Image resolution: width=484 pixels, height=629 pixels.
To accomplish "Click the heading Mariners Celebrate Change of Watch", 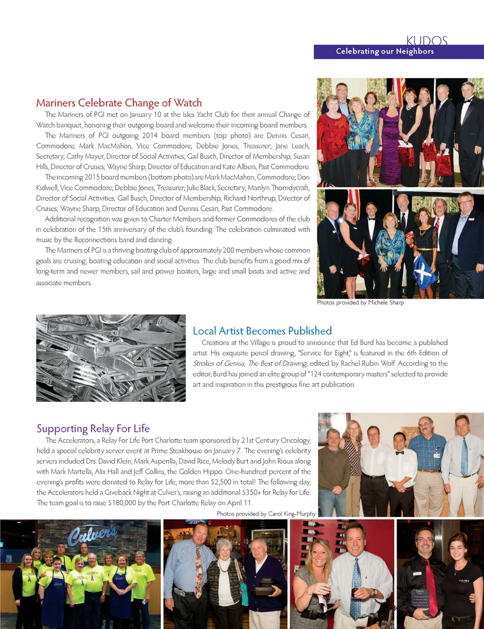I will pos(119,103).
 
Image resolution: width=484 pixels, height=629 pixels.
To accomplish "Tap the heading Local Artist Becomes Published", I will pos(262,331).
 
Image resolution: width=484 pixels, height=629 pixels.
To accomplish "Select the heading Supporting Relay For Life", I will pos(93,428).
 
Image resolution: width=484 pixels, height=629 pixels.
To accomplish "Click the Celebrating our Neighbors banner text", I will pos(385,51).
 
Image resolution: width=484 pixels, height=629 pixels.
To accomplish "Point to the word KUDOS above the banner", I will pos(426,40).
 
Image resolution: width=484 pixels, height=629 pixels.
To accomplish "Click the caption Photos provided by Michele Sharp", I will pos(360,302).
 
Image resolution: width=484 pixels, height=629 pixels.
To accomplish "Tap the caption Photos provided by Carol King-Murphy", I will pos(266,514).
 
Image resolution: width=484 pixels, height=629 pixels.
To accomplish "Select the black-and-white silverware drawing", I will pos(111,358).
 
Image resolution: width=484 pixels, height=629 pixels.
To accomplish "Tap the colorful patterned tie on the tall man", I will pos(199,570).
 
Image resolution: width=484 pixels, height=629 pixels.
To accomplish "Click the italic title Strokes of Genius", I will pos(218,363).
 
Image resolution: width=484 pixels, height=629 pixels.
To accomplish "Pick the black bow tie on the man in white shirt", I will pos(400,453).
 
